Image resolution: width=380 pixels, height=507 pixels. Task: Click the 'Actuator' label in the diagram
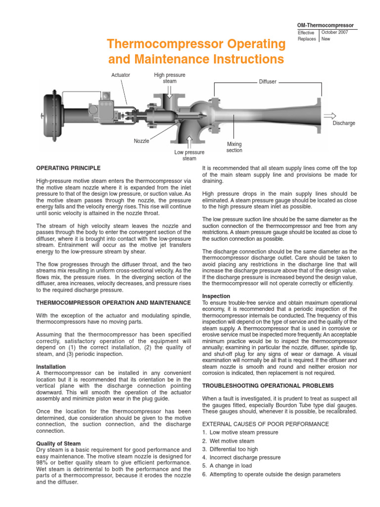(121, 75)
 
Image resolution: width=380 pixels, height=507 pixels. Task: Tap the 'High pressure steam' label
(169, 78)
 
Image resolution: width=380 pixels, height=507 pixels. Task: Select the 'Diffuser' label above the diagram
(268, 82)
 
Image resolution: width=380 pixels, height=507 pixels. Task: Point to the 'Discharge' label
(343, 123)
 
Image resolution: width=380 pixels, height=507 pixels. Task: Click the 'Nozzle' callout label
(142, 141)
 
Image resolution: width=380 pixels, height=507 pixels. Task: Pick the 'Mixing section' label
(234, 147)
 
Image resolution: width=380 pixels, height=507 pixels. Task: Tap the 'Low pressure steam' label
(189, 155)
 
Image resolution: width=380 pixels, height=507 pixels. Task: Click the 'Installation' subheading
(51, 367)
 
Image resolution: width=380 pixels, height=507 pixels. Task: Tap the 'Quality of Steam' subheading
(58, 443)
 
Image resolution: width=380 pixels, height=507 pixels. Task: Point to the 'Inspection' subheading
(216, 296)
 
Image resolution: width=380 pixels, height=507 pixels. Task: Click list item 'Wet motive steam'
(228, 441)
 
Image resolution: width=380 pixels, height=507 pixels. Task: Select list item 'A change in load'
(229, 466)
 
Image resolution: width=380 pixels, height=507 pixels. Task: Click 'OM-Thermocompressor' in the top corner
(325, 25)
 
